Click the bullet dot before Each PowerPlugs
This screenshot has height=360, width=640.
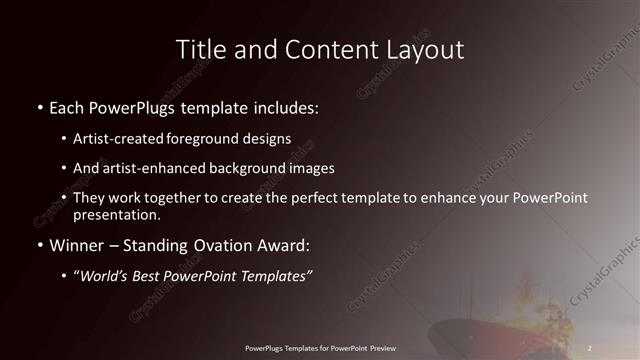[x=39, y=107]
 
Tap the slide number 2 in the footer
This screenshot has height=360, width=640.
[x=590, y=348]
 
